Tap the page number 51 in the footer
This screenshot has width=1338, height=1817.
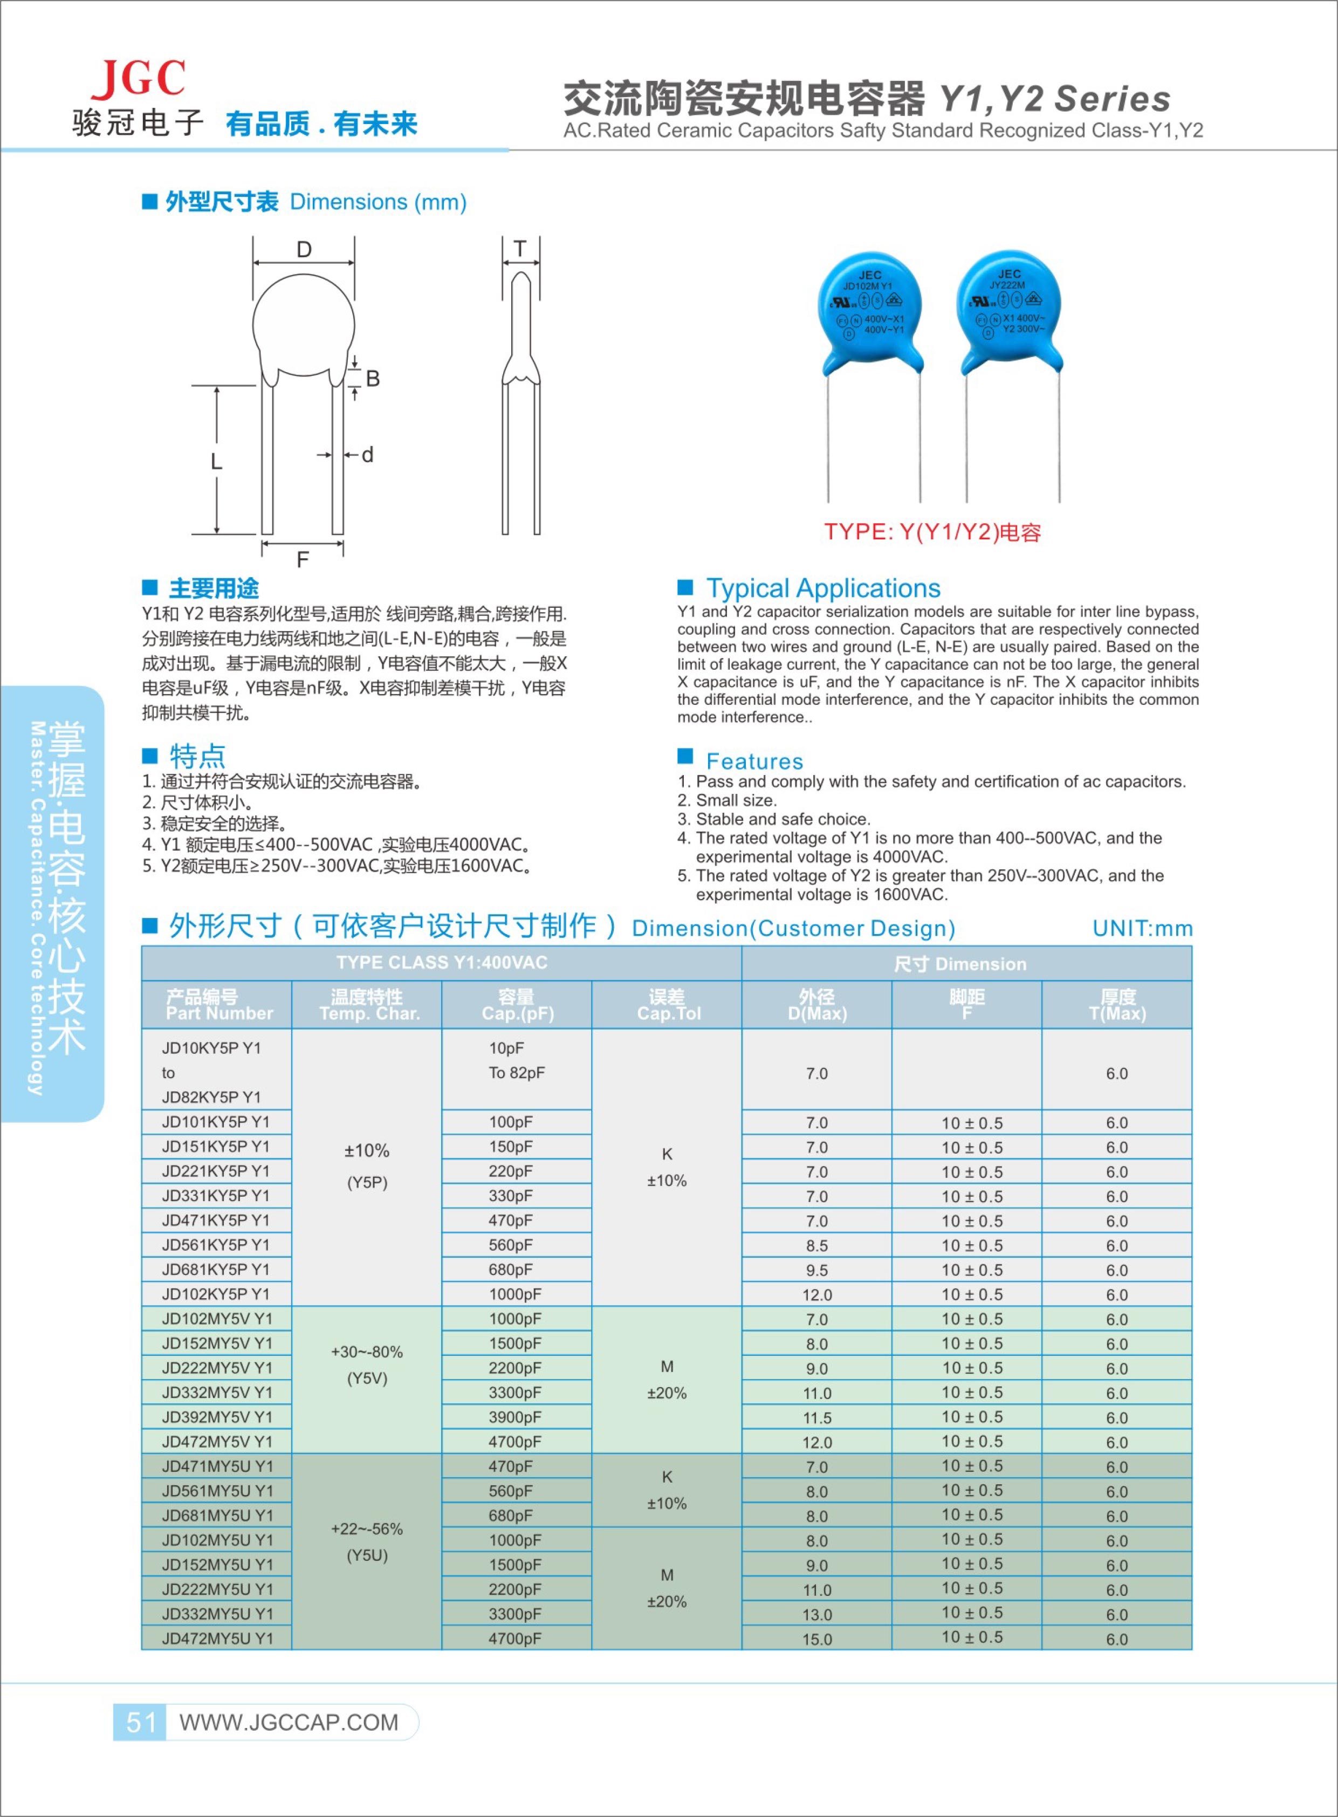coord(140,1722)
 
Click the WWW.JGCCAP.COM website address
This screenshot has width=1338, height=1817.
coord(289,1722)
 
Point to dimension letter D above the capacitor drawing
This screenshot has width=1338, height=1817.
coord(304,250)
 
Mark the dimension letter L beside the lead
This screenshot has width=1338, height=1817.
coord(216,462)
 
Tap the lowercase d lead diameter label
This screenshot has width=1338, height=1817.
coord(368,455)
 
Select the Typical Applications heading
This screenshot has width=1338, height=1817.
coord(823,588)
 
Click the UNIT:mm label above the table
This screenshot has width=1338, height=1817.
coord(1142,928)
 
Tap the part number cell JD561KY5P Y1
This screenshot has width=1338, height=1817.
coord(215,1245)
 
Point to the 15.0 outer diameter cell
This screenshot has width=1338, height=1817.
coord(816,1639)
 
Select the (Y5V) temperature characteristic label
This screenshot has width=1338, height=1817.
coord(367,1378)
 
